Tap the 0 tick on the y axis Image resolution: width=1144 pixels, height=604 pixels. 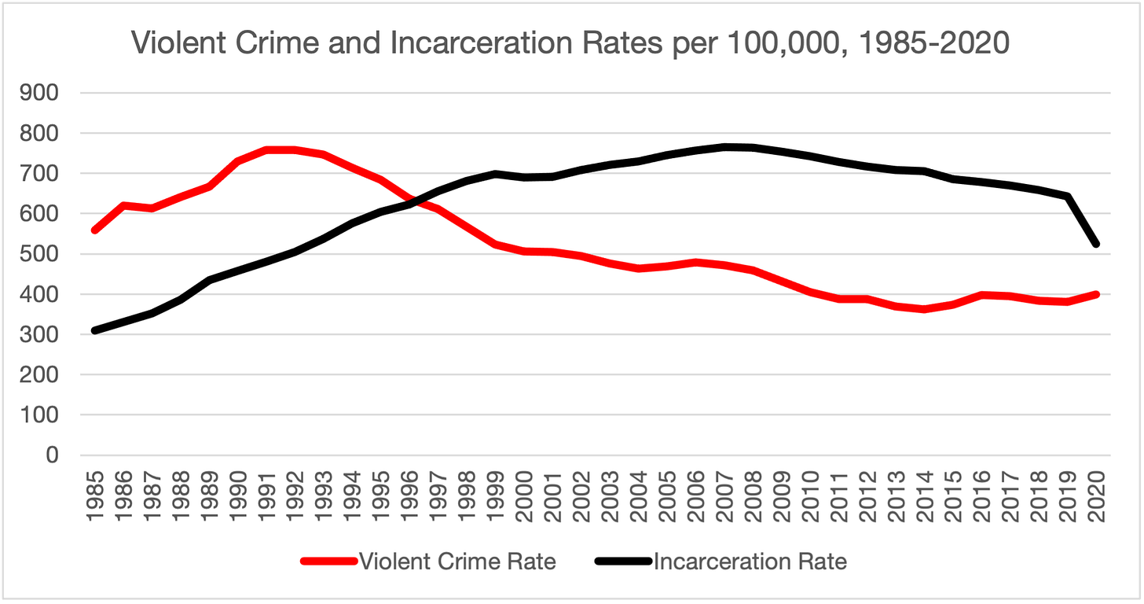tap(53, 455)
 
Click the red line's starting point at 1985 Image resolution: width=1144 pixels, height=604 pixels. tap(95, 230)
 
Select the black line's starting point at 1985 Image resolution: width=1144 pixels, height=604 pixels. tap(95, 330)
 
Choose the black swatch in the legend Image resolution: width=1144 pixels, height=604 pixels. tap(624, 561)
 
